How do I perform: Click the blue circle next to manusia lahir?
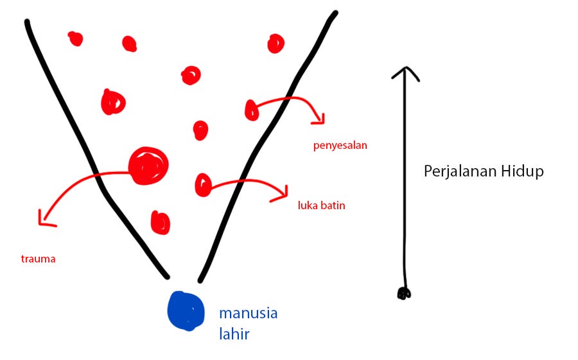pos(186,311)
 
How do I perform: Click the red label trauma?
pos(38,259)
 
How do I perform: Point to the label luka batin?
pos(322,206)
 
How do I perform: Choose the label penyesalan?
pos(340,145)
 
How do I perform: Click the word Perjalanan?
pos(457,171)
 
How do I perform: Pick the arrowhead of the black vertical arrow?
pos(405,71)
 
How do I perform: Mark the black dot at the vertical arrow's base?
pos(403,294)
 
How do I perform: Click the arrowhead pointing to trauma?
pos(44,221)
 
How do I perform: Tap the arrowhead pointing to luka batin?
pos(283,194)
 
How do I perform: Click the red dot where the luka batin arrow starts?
pos(203,185)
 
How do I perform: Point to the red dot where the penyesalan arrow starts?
pos(251,110)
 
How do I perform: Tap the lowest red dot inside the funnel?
pos(161,222)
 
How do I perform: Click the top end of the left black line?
pos(27,23)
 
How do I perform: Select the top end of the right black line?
pos(334,13)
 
